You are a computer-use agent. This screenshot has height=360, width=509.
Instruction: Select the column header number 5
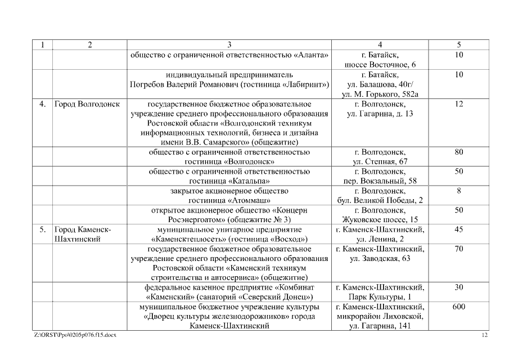(459, 45)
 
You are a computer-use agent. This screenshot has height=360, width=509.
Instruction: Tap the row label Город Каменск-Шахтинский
(83, 235)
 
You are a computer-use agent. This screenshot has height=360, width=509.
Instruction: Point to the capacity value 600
(459, 307)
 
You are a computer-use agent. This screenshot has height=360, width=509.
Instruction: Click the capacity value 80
(459, 152)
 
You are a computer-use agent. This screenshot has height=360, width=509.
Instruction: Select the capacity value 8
(459, 191)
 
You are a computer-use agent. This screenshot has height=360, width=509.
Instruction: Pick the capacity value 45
(459, 229)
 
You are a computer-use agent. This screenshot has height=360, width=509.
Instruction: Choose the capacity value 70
(459, 249)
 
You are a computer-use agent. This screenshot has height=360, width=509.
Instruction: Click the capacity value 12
(459, 104)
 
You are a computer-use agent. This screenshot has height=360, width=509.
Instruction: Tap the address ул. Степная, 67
(380, 162)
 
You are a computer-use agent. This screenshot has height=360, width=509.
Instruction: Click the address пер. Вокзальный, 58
(380, 181)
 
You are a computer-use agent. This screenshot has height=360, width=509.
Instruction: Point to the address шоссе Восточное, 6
(380, 65)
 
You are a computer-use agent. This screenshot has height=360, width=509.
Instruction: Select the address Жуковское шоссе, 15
(380, 220)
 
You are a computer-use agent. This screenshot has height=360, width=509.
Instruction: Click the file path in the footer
(76, 335)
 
